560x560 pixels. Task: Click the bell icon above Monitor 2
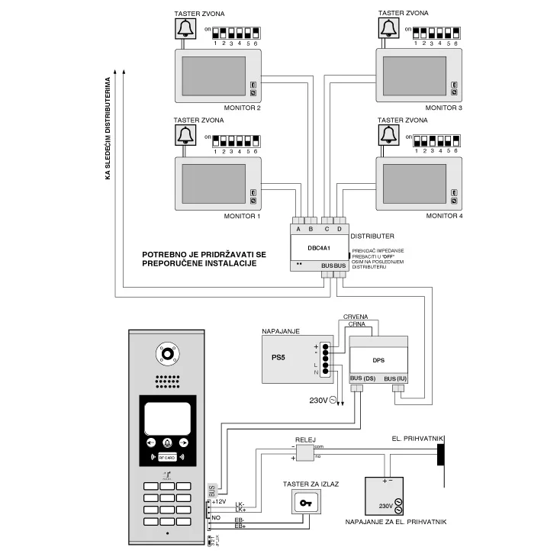(185, 29)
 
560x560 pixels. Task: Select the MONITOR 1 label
(242, 217)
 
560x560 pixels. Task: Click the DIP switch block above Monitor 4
(436, 141)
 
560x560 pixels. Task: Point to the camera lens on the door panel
(167, 353)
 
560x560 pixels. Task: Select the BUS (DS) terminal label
(362, 379)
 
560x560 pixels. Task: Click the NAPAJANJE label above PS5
(280, 332)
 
